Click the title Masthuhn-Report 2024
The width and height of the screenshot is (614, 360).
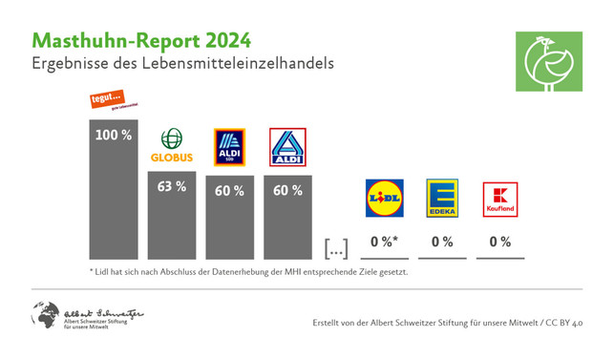(x=142, y=40)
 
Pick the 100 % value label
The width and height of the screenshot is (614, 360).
(x=114, y=135)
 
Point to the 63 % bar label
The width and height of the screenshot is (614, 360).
(x=172, y=186)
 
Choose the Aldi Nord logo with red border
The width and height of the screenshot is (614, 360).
(x=287, y=149)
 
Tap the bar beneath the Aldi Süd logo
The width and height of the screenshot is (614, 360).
(x=229, y=220)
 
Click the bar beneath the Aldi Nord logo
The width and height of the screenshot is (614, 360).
(x=287, y=220)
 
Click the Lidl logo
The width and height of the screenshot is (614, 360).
(x=385, y=198)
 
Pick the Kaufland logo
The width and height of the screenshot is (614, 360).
(x=500, y=198)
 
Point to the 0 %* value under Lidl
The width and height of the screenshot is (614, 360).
(x=385, y=243)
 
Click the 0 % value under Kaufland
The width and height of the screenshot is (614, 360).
(x=499, y=243)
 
